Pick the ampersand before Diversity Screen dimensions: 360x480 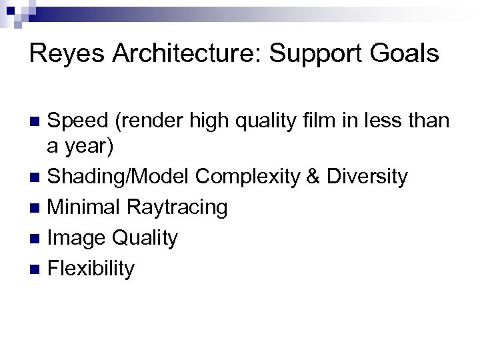pos(312,177)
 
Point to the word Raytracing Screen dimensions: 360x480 pos(178,208)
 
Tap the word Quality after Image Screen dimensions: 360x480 pos(145,238)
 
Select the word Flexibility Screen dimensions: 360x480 pos(91,269)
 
